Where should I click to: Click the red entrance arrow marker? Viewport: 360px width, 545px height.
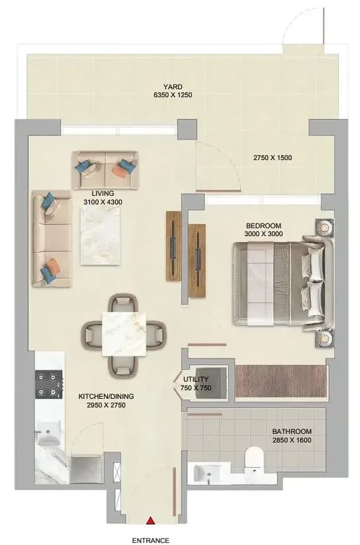click(x=150, y=521)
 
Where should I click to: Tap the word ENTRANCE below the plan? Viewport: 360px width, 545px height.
click(x=151, y=540)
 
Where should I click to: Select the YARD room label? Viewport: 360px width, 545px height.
click(x=173, y=87)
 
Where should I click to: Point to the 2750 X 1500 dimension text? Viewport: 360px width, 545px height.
click(x=273, y=158)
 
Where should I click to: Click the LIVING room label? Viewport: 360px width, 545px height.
click(x=103, y=198)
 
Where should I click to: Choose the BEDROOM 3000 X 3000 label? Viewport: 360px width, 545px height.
click(x=263, y=230)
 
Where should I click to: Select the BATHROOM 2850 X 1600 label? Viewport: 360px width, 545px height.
click(x=292, y=436)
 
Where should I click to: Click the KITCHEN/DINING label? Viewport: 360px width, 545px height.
click(x=106, y=401)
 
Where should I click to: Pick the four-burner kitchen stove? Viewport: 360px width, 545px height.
click(x=49, y=384)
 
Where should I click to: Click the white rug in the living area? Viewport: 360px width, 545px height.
click(x=101, y=236)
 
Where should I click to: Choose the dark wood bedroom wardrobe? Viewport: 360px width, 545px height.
click(x=281, y=381)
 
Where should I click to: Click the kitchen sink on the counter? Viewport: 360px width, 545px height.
click(x=49, y=433)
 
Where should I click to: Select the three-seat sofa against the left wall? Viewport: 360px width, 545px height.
click(x=52, y=238)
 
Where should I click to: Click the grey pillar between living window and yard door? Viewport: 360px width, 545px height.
click(x=187, y=129)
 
